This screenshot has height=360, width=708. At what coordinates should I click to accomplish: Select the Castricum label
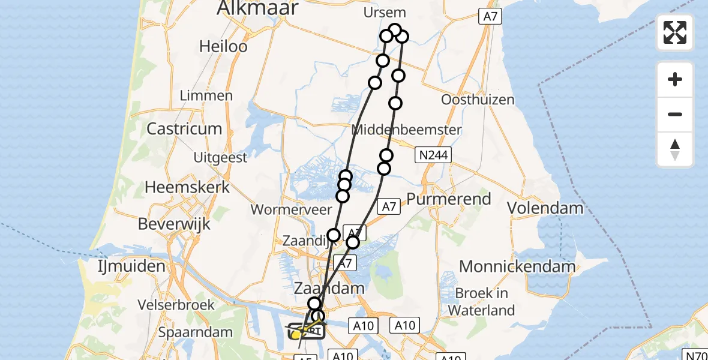pos(184,128)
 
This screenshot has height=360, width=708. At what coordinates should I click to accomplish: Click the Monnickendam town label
pos(517,266)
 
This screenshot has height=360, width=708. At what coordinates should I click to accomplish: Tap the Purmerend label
pos(449,199)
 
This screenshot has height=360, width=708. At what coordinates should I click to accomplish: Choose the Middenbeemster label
pos(407,130)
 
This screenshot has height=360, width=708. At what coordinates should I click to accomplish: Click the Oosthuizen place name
pos(478,100)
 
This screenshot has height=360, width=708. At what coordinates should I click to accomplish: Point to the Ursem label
pos(385,13)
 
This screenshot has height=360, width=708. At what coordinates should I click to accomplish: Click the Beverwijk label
pos(174,224)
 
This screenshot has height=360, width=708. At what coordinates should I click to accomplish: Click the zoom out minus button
pos(675,115)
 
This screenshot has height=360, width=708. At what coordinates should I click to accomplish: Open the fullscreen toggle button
pos(675,32)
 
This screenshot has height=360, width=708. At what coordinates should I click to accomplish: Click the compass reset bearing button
pos(675,149)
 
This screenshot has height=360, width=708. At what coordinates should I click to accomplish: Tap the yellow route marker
pos(296,335)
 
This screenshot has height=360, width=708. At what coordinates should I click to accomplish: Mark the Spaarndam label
pos(195,332)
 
